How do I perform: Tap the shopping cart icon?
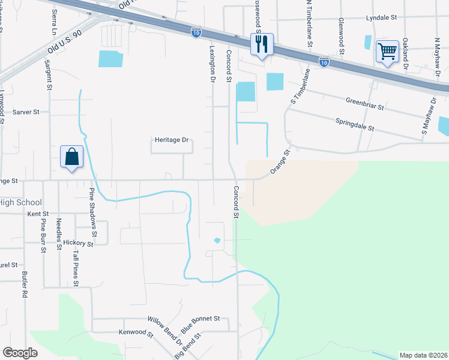click(x=387, y=52)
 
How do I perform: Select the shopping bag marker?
click(x=71, y=157)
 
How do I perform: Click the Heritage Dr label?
click(x=172, y=140)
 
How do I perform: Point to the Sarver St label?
click(x=26, y=112)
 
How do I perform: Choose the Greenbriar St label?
click(x=364, y=103)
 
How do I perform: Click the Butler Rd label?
click(x=25, y=285)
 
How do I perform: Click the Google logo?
click(x=20, y=353)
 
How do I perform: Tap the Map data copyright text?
click(x=423, y=355)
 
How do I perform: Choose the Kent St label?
click(x=38, y=214)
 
